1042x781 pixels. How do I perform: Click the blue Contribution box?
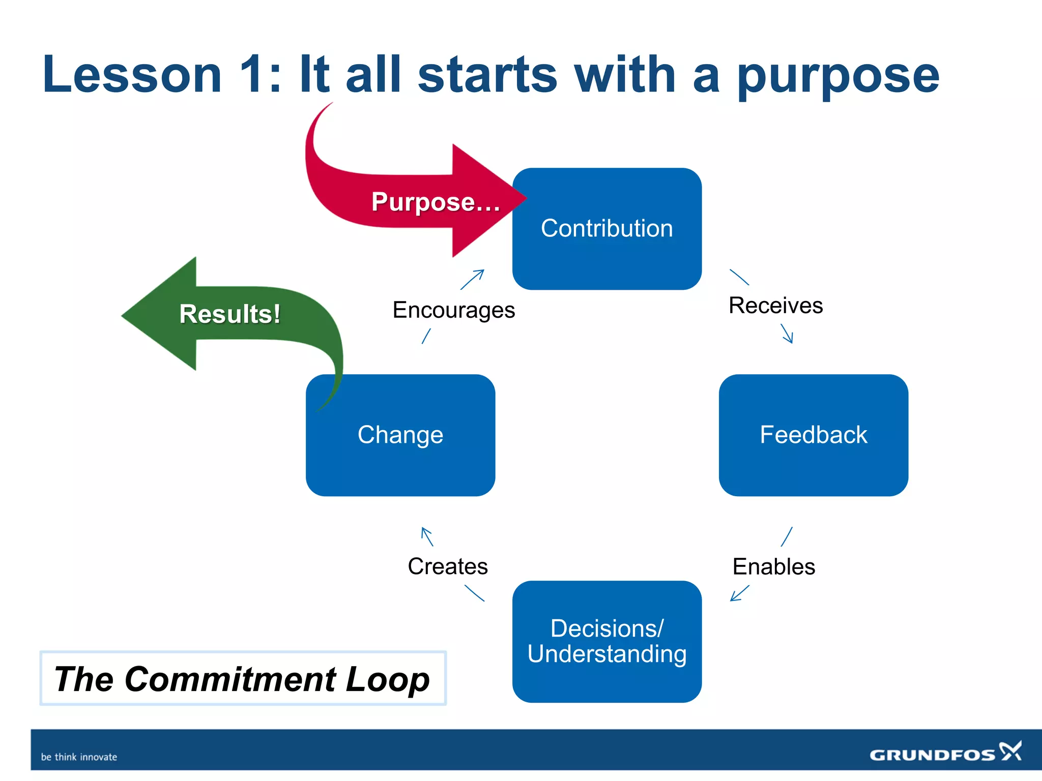coord(606,229)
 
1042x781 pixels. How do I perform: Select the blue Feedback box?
coord(813,435)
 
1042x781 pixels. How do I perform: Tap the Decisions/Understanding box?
coord(606,642)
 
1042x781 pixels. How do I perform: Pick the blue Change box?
coord(400,435)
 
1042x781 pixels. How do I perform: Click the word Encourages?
coord(453,310)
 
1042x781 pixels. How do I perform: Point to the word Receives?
coord(775,306)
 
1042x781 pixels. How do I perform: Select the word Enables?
coord(773,566)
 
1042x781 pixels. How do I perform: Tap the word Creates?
coord(448,566)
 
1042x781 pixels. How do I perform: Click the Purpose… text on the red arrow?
coord(436,202)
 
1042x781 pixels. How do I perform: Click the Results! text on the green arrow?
coord(229,314)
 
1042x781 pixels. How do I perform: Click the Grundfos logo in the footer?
coord(945,753)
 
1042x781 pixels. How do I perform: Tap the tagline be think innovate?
coord(79,757)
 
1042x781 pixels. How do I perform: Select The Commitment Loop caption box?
coord(243,678)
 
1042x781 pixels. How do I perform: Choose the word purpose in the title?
coord(837,76)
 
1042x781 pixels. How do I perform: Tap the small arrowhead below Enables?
coord(733,598)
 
